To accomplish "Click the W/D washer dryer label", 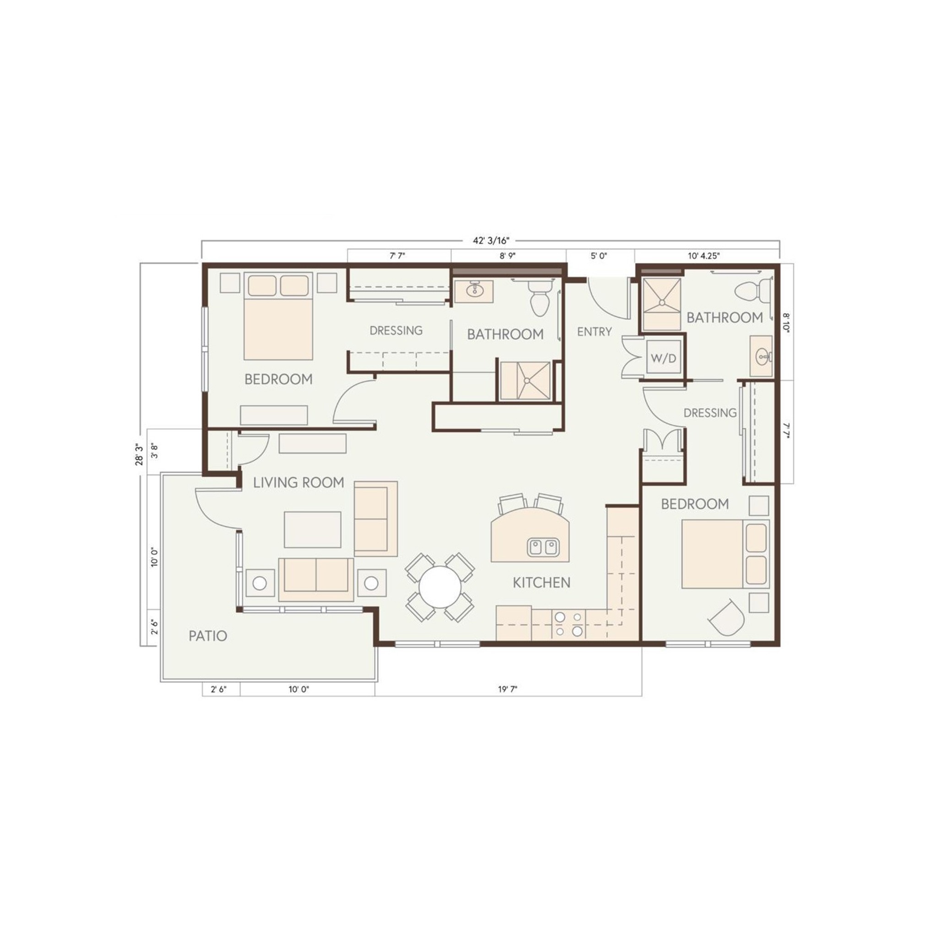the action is [x=663, y=358].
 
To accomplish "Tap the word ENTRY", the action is [x=594, y=332].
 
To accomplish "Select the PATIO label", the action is [x=208, y=636].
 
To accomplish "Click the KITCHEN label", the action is [x=541, y=583].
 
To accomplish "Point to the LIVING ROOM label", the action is [x=299, y=482].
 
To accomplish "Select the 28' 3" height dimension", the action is [x=139, y=454].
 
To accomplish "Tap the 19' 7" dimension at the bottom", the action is [x=507, y=689].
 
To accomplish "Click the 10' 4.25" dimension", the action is [x=703, y=256].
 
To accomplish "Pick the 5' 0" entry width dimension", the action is [x=599, y=256].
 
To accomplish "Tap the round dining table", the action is [x=440, y=587].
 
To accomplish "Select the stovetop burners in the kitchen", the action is [x=568, y=624].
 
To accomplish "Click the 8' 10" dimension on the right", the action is [x=786, y=322].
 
